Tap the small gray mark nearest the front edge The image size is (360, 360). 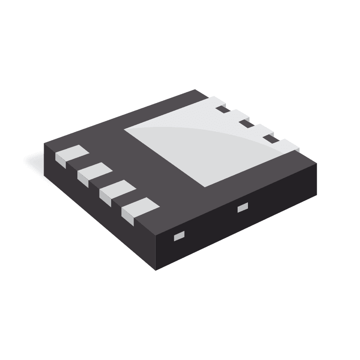179,235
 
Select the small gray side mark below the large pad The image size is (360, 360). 243,207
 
